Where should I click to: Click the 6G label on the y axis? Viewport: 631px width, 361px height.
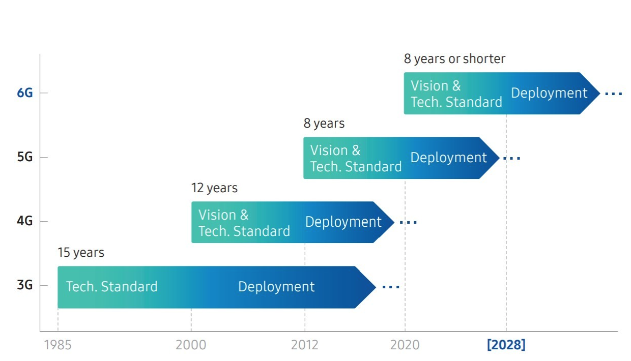[24, 93]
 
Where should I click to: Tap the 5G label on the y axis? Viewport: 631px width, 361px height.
[24, 157]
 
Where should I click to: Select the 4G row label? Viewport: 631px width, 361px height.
[24, 221]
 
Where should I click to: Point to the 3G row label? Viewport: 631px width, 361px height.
[24, 285]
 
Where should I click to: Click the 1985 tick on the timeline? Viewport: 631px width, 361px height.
[58, 345]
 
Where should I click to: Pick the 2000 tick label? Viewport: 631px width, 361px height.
[191, 345]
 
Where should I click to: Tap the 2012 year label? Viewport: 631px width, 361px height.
[304, 345]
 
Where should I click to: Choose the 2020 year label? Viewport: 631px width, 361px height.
[405, 345]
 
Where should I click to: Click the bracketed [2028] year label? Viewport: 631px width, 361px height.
[506, 345]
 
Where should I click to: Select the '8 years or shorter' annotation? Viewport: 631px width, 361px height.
[454, 59]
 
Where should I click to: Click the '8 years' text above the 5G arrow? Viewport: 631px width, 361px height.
[324, 124]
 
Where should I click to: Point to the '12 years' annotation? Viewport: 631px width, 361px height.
[214, 188]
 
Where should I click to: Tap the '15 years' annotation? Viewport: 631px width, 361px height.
[80, 253]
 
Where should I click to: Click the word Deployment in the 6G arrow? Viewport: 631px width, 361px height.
[549, 93]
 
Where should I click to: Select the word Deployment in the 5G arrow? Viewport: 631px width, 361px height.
[448, 158]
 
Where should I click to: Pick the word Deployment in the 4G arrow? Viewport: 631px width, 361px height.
[343, 222]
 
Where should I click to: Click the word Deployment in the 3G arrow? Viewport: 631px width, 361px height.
[276, 287]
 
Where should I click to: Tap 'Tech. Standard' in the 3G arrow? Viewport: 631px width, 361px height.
[111, 287]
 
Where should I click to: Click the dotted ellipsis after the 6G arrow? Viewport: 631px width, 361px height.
[613, 94]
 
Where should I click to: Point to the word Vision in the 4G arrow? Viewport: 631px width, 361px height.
[217, 215]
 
